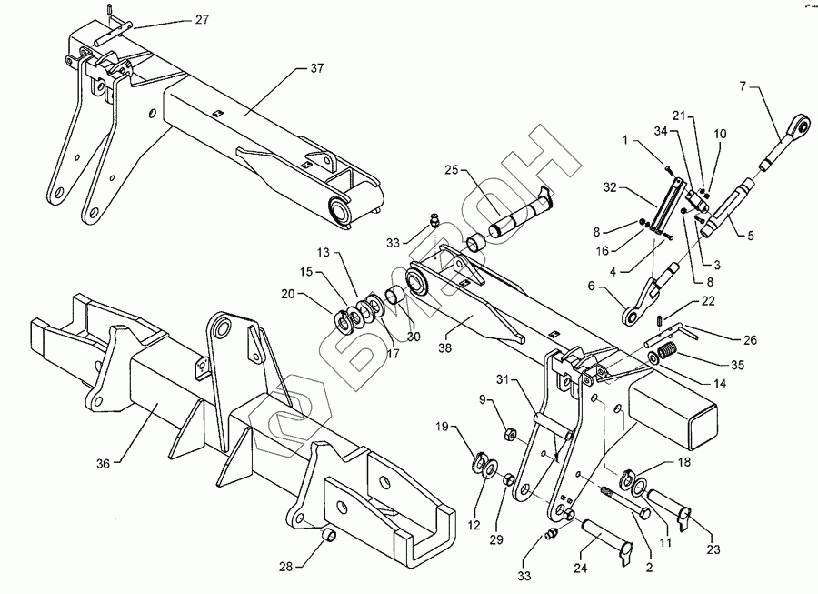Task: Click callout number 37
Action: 317,68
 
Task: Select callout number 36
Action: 103,463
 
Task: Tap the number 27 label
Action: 201,18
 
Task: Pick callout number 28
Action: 286,567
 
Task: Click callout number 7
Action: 743,86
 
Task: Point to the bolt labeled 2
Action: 627,501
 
